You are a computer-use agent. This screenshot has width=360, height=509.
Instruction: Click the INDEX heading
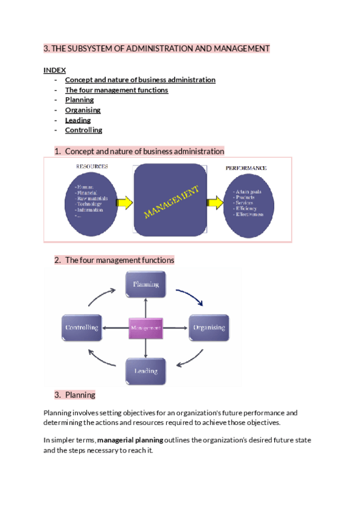tap(55, 70)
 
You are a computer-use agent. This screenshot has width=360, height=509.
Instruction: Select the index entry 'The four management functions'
tap(116, 90)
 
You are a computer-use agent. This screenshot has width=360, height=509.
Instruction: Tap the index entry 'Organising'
tap(83, 110)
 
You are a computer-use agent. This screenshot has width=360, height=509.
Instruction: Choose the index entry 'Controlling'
tap(83, 130)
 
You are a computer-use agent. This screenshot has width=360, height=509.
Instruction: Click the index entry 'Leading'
tap(78, 120)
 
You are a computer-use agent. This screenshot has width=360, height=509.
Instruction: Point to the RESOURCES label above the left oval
tap(92, 166)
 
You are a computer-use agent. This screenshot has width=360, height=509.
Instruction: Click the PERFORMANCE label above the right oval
tap(246, 168)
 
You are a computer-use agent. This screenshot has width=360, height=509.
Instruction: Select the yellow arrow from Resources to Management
tap(124, 203)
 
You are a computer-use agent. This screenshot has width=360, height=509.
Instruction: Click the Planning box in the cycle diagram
tap(145, 284)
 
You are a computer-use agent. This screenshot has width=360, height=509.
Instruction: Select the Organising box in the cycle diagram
tap(209, 328)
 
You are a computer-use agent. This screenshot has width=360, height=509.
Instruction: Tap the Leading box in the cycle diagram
tap(145, 371)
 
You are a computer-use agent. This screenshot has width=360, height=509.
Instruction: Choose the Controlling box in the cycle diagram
tap(82, 328)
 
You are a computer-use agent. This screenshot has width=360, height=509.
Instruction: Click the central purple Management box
tap(145, 328)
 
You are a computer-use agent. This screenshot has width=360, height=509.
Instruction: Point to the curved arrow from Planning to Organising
tap(191, 295)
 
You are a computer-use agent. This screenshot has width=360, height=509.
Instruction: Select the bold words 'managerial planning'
tap(130, 440)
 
